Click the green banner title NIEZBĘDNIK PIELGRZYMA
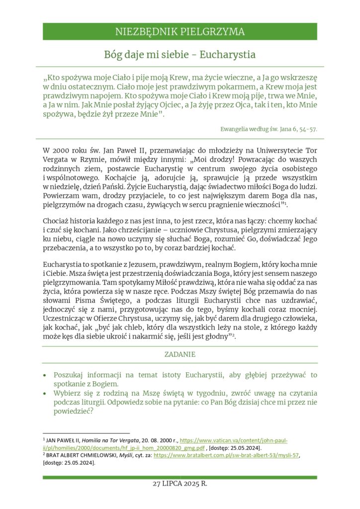click(x=180, y=32)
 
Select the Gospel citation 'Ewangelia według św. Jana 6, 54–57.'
click(x=269, y=129)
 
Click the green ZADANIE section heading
click(x=180, y=354)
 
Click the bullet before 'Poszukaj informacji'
click(x=45, y=375)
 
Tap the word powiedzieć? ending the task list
click(x=74, y=412)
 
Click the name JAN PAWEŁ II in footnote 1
click(x=64, y=441)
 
